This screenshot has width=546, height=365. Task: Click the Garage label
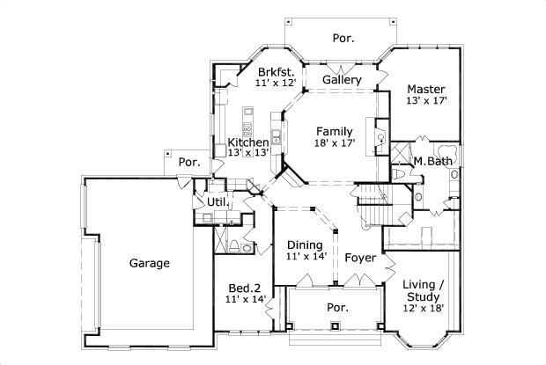coord(149,263)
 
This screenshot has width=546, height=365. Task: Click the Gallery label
coord(342,80)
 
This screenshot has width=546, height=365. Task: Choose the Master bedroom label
coord(425,89)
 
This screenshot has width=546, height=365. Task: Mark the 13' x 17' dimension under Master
coord(425,101)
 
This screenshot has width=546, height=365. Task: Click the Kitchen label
coord(247,142)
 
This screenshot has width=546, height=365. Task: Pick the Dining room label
coord(304,245)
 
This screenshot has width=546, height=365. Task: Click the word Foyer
coord(360,258)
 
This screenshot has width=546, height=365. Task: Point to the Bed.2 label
coord(245,288)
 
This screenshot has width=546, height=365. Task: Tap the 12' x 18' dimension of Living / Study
coord(423,308)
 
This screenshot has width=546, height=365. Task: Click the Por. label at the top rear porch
coord(343,38)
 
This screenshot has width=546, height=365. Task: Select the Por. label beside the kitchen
coord(188,162)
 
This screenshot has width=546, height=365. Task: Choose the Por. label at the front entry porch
coord(337,308)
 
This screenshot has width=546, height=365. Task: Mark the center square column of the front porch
coord(336,327)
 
